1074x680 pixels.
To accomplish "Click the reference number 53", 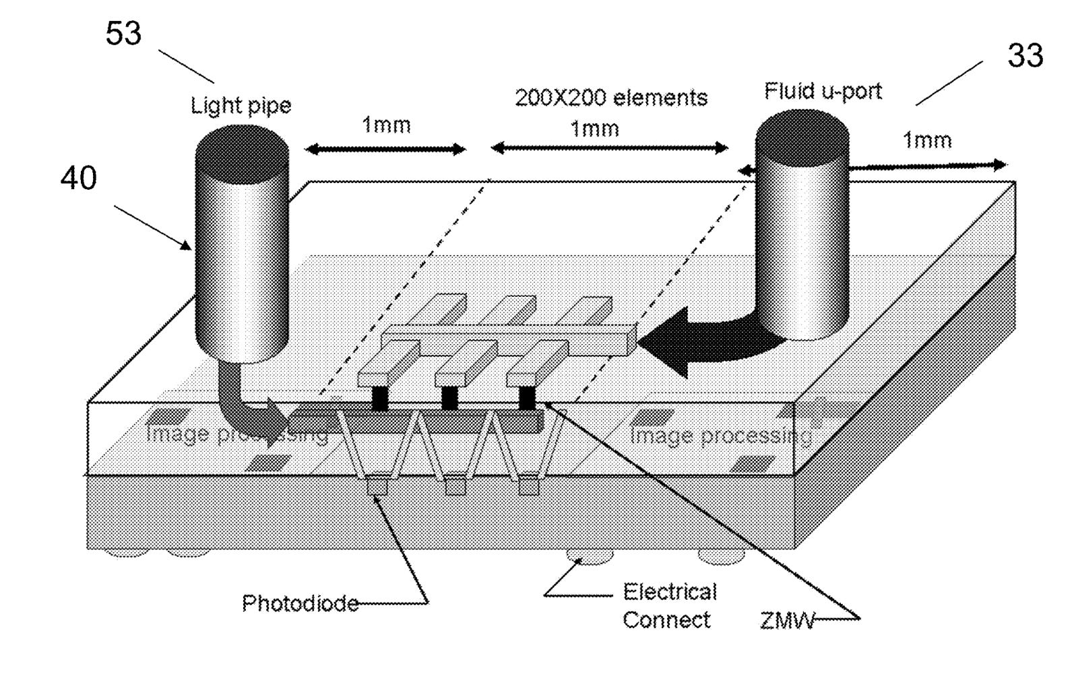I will pos(123,33).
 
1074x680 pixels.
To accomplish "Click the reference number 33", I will pos(1025,55).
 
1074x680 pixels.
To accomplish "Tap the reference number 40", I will pos(79,178).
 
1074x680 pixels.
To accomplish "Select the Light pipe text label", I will pos(241,106).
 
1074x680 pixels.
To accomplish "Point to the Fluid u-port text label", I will pos(823,91).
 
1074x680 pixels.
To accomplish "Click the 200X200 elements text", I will pos(611,98).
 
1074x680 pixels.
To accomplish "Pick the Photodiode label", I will pos(300,603).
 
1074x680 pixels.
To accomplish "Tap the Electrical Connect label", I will pos(668,606).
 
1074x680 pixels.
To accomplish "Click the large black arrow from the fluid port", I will pos(701,343).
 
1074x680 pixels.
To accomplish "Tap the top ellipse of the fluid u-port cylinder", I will pos(802,135).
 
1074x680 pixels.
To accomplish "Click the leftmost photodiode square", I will pos(377,486).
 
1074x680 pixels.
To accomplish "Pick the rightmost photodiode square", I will pos(530,485).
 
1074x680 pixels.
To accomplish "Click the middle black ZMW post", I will pos(449,397).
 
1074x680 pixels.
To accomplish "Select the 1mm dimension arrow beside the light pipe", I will pos(385,149).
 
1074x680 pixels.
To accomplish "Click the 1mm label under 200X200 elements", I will pos(594,129).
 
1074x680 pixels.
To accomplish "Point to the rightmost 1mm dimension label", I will pos(927,140).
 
